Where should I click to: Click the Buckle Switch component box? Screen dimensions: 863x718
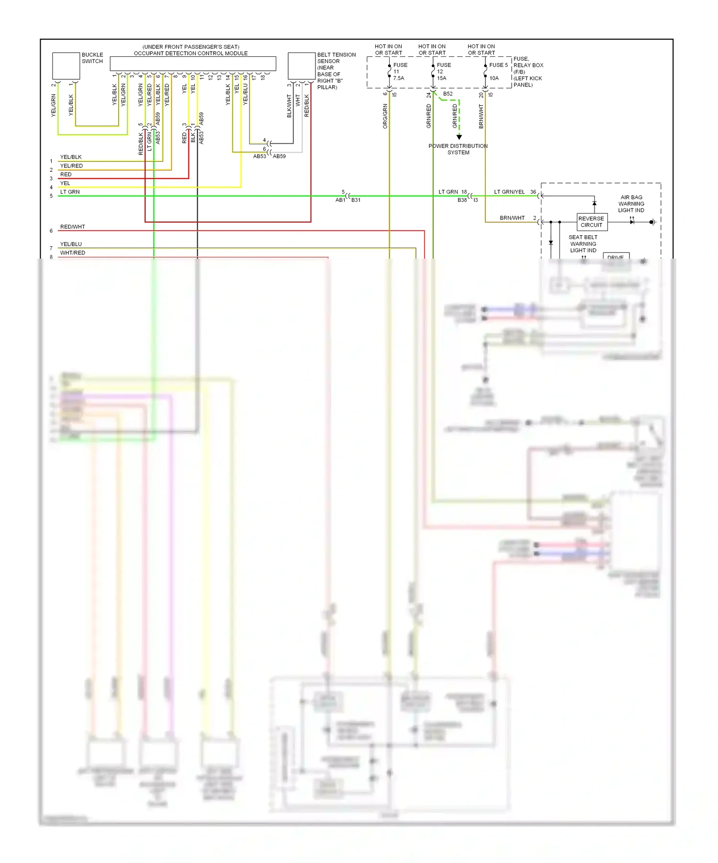pyautogui.click(x=66, y=66)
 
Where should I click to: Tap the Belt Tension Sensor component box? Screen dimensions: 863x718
pyautogui.click(x=301, y=66)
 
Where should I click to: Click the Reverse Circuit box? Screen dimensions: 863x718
pyautogui.click(x=592, y=222)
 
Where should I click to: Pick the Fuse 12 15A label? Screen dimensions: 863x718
pyautogui.click(x=443, y=72)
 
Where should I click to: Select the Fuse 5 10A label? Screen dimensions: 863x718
pyautogui.click(x=497, y=71)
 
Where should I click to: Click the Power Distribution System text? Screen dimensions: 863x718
pyautogui.click(x=458, y=149)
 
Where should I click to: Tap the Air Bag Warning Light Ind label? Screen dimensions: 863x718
pyautogui.click(x=631, y=204)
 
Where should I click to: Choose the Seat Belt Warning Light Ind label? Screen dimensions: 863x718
pyautogui.click(x=583, y=244)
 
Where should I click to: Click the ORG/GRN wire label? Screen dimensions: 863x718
pyautogui.click(x=385, y=116)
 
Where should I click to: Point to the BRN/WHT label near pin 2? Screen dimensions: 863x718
pyautogui.click(x=512, y=218)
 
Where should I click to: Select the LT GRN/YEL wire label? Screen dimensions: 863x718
pyautogui.click(x=509, y=192)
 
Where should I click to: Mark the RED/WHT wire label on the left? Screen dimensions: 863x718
pyautogui.click(x=72, y=227)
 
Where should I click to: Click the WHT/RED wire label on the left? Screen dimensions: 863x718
pyautogui.click(x=72, y=252)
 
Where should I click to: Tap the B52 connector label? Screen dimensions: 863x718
pyautogui.click(x=448, y=94)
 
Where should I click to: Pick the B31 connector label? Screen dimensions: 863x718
pyautogui.click(x=356, y=200)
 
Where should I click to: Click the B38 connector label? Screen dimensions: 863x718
pyautogui.click(x=462, y=200)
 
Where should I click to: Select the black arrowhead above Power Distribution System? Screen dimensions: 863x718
pyautogui.click(x=459, y=137)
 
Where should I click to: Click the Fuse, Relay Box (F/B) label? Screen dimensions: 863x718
pyautogui.click(x=527, y=72)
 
